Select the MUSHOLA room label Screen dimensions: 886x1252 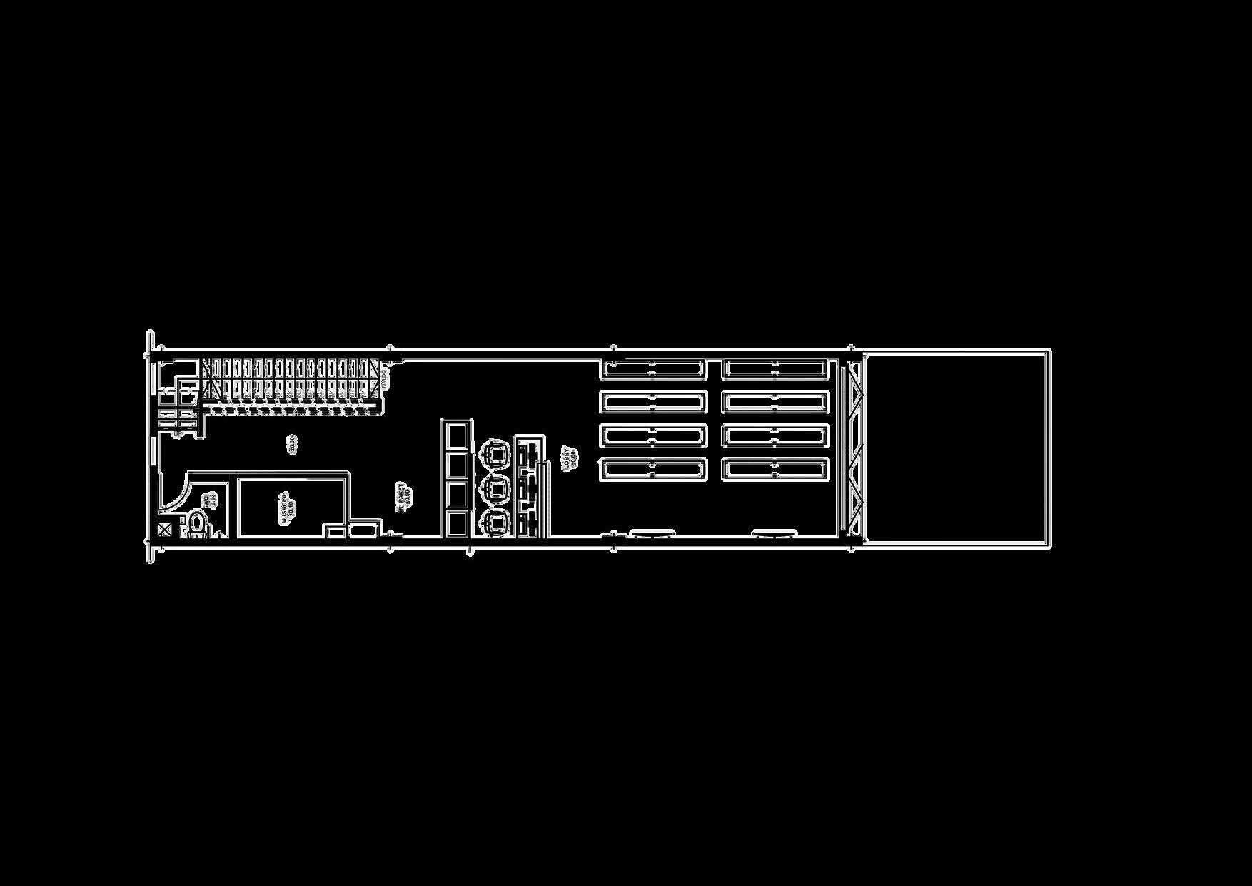pyautogui.click(x=285, y=508)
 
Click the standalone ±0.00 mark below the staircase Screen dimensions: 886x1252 pyautogui.click(x=291, y=445)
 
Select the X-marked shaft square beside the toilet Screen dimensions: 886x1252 pyautogui.click(x=165, y=529)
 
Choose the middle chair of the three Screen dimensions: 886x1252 pyautogui.click(x=495, y=489)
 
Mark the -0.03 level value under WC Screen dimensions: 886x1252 pyautogui.click(x=212, y=501)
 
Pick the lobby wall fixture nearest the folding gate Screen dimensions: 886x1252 pyautogui.click(x=775, y=533)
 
